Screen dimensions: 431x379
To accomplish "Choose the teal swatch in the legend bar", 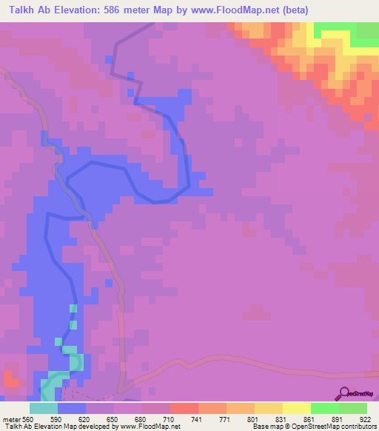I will [43, 408].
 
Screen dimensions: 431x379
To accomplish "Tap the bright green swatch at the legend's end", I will [352, 408].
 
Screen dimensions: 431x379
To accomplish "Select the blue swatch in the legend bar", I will [71, 408].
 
